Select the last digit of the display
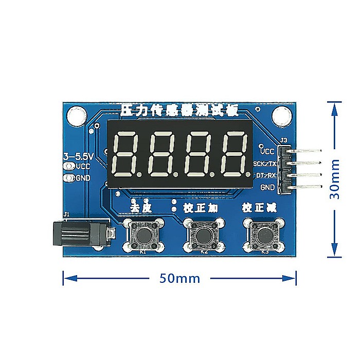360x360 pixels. (x=235, y=154)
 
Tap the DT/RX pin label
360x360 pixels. (x=266, y=175)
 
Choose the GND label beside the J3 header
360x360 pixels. (x=268, y=187)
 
